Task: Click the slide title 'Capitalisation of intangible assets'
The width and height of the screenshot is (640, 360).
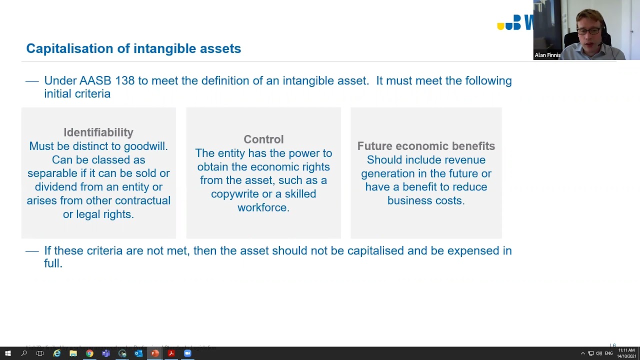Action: pyautogui.click(x=133, y=48)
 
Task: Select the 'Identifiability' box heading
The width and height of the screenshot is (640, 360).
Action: pyautogui.click(x=98, y=132)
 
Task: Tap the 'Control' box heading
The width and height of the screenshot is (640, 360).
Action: pyautogui.click(x=263, y=139)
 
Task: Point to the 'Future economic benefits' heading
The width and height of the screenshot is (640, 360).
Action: pyautogui.click(x=426, y=146)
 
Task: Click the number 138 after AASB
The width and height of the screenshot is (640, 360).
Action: pyautogui.click(x=125, y=81)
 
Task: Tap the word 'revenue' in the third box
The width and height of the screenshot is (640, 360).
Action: pyautogui.click(x=464, y=160)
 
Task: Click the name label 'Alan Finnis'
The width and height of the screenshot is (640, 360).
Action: pyautogui.click(x=547, y=55)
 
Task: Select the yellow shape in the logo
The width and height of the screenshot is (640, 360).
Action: pyautogui.click(x=500, y=26)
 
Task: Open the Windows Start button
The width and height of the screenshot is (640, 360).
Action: pyautogui.click(x=8, y=353)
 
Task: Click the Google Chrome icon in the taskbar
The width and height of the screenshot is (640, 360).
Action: pyautogui.click(x=89, y=353)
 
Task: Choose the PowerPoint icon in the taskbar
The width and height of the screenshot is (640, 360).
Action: pyautogui.click(x=155, y=353)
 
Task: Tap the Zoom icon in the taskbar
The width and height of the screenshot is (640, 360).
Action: pyautogui.click(x=187, y=353)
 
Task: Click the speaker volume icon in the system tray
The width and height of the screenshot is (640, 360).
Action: pyautogui.click(x=599, y=353)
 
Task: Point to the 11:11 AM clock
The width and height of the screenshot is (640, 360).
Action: pyautogui.click(x=626, y=350)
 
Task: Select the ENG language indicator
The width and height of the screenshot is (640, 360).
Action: pyautogui.click(x=609, y=353)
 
